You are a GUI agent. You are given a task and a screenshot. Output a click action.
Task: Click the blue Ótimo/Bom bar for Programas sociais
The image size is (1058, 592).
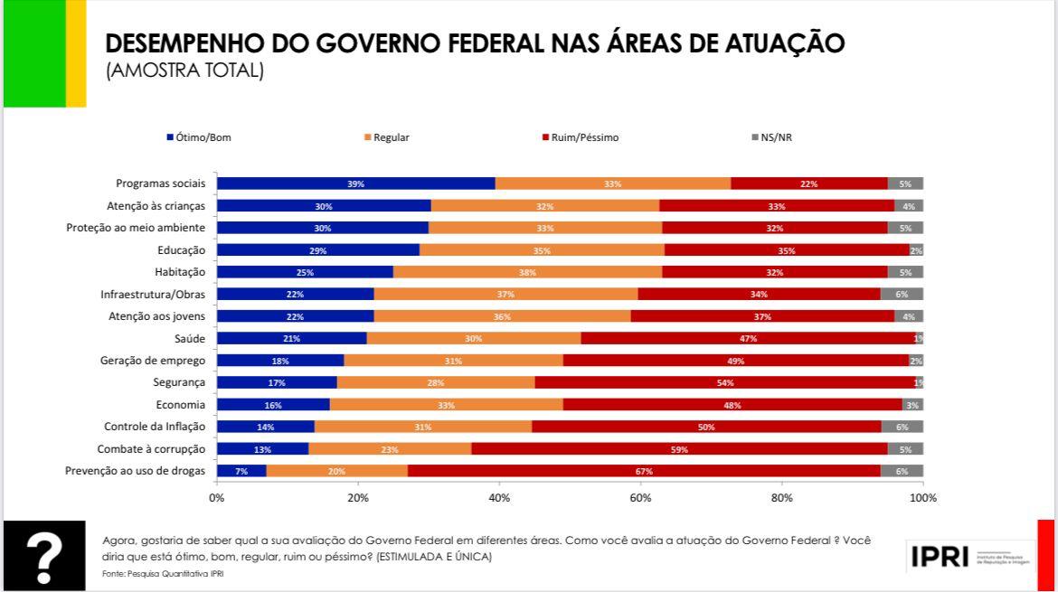coord(355,183)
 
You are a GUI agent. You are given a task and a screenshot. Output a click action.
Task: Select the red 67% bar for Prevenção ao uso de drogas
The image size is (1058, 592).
coord(643,471)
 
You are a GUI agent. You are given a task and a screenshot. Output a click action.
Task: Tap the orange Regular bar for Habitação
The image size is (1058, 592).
coord(527,272)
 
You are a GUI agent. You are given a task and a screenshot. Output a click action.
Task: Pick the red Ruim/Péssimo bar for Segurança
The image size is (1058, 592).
coord(724,382)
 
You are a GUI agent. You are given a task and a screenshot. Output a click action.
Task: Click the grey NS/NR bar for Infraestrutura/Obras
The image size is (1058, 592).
coord(902,294)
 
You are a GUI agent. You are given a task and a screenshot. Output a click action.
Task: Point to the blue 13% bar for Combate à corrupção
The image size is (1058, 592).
coord(262,449)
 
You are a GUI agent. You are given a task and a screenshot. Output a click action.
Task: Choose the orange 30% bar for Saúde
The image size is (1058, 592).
coord(473,338)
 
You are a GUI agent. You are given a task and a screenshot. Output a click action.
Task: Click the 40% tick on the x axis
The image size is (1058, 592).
coord(499,497)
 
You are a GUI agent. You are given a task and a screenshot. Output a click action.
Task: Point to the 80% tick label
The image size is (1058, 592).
coord(781,497)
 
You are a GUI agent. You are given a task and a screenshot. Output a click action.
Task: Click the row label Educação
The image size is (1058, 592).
coord(181,249)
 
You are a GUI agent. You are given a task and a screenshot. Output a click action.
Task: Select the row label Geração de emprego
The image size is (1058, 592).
coord(153,361)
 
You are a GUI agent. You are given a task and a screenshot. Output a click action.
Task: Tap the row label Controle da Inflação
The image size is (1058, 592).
coord(155,427)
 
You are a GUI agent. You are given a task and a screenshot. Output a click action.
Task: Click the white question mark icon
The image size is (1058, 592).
coord(43,556)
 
